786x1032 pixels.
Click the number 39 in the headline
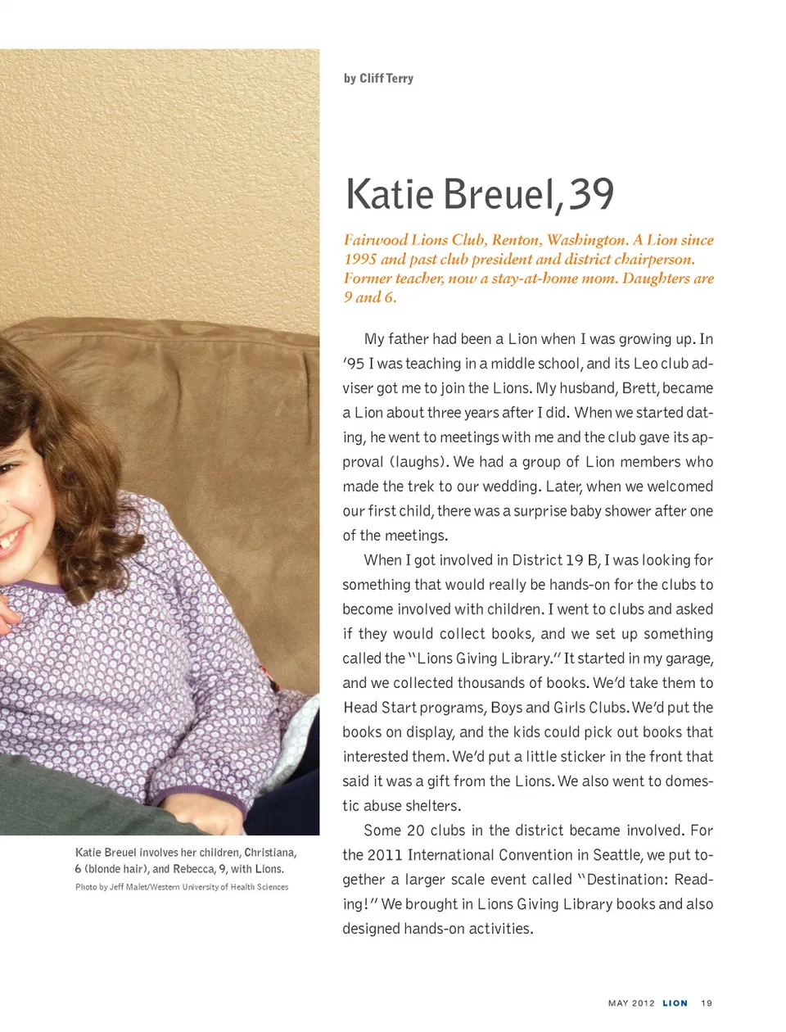coord(591,194)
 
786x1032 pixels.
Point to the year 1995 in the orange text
coord(360,259)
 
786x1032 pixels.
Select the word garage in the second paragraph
coord(687,659)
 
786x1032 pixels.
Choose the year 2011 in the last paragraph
coord(384,855)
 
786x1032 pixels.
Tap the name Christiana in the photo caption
coord(270,853)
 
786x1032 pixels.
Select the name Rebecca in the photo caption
coord(194,869)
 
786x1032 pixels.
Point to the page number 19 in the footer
coord(707,1003)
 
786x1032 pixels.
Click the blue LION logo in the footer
coord(675,1003)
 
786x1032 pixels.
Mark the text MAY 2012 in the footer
coord(631,1003)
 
